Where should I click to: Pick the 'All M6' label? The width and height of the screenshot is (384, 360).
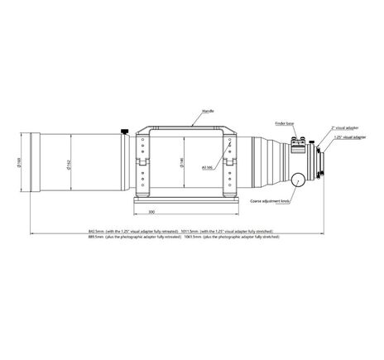pos(208,166)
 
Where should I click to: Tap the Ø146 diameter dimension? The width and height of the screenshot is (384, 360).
pos(181,161)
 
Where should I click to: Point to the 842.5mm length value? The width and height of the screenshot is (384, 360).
pos(98,231)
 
